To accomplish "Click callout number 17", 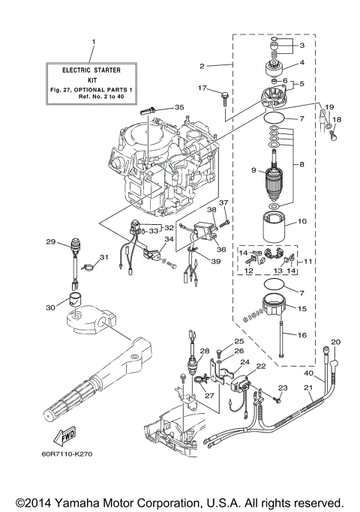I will click(x=202, y=88).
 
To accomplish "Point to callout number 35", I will click(x=178, y=107).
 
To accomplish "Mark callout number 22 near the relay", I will click(x=262, y=367).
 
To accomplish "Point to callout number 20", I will click(x=335, y=342).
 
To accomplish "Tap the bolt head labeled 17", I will click(x=224, y=94).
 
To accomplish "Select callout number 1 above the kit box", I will click(x=94, y=40).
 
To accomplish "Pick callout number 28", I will click(x=202, y=351).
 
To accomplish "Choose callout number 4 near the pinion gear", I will click(x=302, y=63).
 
